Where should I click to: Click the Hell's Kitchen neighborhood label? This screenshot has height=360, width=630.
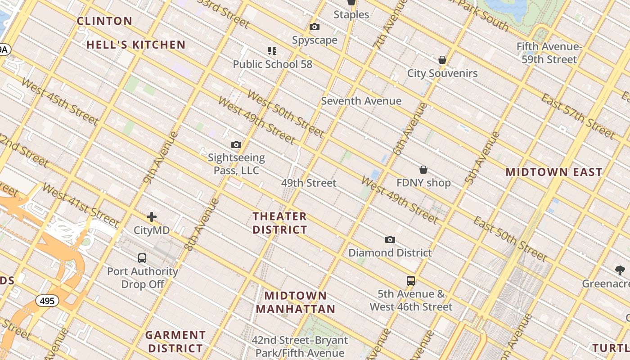click(x=136, y=45)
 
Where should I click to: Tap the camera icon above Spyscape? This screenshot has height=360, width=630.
click(x=315, y=27)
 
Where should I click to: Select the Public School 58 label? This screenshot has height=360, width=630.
click(x=272, y=64)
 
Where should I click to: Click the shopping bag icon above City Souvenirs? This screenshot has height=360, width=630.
click(x=442, y=60)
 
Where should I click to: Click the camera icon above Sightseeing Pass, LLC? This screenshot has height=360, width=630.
click(x=236, y=145)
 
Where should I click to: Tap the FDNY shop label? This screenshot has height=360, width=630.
click(x=423, y=183)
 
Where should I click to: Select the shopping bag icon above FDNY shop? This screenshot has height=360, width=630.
click(x=423, y=170)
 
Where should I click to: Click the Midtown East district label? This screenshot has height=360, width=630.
click(x=553, y=172)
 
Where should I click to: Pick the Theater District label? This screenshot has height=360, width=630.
click(x=279, y=223)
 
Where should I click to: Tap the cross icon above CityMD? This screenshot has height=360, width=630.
click(x=152, y=217)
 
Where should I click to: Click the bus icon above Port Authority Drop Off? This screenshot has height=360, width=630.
click(x=142, y=258)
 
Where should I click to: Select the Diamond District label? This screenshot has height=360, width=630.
click(x=390, y=252)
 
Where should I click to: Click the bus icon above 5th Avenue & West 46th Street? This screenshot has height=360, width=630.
click(x=411, y=281)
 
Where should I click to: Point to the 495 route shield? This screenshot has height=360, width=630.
click(x=47, y=301)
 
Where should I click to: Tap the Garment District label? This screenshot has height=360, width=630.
click(x=175, y=342)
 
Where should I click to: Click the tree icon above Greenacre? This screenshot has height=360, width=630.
click(x=620, y=270)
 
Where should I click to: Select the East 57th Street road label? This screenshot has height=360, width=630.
click(x=578, y=117)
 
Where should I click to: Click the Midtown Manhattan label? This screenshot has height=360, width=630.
click(x=296, y=302)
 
